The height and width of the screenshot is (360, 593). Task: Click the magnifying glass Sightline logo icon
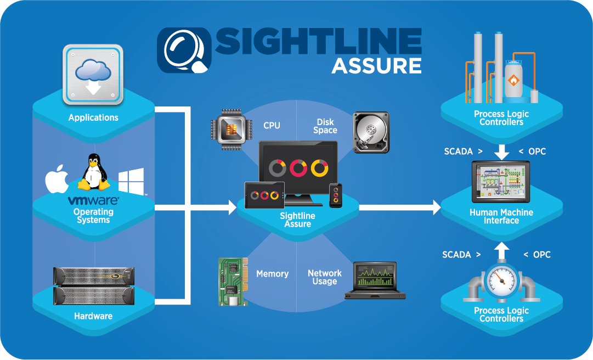[x=184, y=51]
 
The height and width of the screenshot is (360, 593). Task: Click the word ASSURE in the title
[x=376, y=65]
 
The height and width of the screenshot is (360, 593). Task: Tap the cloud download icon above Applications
[x=92, y=75]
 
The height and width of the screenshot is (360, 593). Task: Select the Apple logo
[x=57, y=179]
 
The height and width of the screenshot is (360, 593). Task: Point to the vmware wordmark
[x=93, y=200]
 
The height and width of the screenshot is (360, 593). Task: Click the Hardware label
[x=93, y=316]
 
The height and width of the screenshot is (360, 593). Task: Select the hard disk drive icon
[x=371, y=131]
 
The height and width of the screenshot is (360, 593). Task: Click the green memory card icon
[x=230, y=281]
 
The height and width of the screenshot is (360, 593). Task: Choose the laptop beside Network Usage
[x=375, y=280]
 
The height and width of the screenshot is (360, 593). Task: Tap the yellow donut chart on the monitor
[x=319, y=167]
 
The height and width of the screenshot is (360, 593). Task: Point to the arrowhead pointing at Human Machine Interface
[x=436, y=207]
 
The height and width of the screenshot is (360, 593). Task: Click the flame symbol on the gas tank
[x=513, y=81]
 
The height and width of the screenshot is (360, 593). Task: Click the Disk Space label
[x=325, y=126]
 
